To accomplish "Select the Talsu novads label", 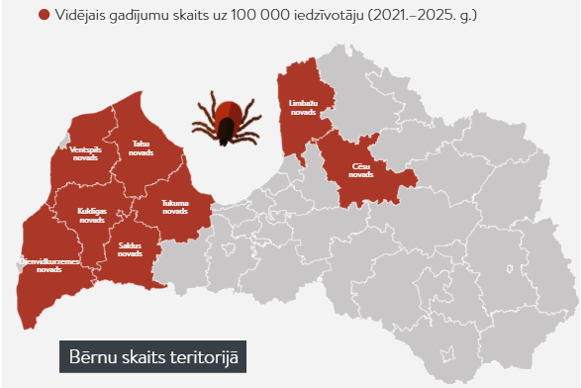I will pyautogui.click(x=143, y=148).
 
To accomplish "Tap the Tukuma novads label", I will pyautogui.click(x=175, y=207).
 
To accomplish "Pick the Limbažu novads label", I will pyautogui.click(x=304, y=107).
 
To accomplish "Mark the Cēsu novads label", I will pyautogui.click(x=360, y=172).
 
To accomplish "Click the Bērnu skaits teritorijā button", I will pyautogui.click(x=151, y=357).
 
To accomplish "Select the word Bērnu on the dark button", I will pyautogui.click(x=91, y=357).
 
